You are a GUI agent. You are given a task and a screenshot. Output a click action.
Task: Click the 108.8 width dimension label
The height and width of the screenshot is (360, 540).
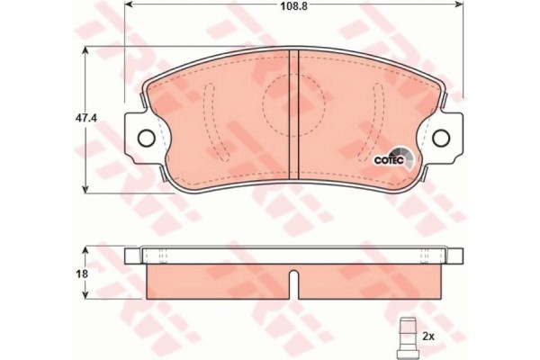click(293, 7)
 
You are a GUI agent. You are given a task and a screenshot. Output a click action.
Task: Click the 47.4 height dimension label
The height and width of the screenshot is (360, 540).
click(86, 119)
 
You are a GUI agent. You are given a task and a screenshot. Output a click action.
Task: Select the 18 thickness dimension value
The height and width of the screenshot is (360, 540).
click(83, 274)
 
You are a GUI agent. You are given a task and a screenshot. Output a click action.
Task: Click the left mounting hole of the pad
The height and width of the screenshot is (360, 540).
click(146, 138)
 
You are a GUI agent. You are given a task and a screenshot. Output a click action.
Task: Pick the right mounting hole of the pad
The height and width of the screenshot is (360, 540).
click(441, 138)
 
